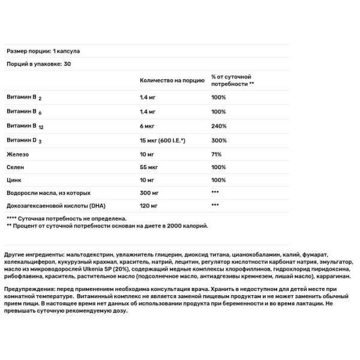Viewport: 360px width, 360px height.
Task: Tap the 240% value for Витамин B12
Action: click(x=218, y=126)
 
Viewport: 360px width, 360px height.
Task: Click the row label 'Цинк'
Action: click(x=14, y=181)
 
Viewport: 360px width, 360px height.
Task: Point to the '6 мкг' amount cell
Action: click(x=147, y=126)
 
